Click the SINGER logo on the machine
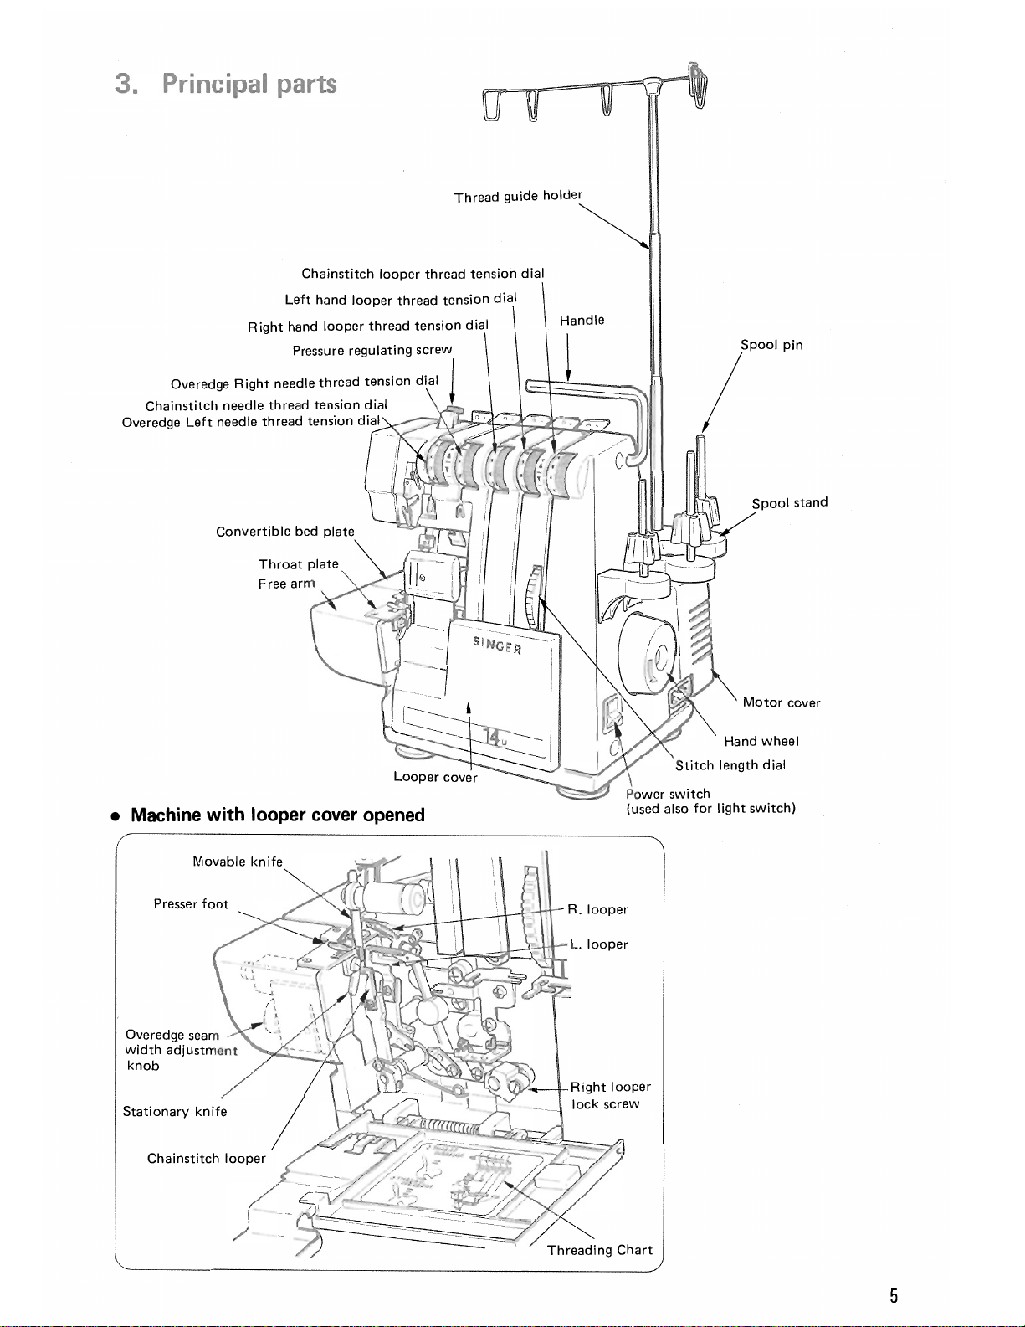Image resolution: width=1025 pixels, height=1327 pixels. pos(497,645)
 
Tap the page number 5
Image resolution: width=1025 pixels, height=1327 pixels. pos(894,1295)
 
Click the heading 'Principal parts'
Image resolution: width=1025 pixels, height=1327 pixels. pos(249,84)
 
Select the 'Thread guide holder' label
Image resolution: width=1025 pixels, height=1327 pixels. pos(518,196)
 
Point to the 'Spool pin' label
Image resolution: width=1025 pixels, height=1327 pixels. pos(771,344)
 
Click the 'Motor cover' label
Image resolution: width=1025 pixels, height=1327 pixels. pos(782,702)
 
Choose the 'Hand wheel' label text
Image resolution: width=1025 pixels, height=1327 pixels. pos(761,741)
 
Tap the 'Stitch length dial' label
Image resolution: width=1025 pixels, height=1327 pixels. pos(730,765)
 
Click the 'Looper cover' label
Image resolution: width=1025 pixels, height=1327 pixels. pos(435,777)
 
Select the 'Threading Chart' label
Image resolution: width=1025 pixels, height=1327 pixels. pos(600,1250)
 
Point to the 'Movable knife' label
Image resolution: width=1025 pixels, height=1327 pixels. pos(238,861)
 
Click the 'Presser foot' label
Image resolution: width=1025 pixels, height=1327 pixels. pos(191,904)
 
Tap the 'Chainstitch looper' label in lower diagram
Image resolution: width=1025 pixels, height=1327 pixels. pos(206,1159)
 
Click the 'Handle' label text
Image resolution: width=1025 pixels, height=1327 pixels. pos(582,320)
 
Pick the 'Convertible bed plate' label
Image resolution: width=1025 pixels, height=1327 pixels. pos(285,532)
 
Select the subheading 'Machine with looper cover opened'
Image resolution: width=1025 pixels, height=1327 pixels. pos(278,815)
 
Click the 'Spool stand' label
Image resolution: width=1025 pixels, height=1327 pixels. pos(790,502)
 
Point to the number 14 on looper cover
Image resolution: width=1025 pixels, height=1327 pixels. pos(493,737)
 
